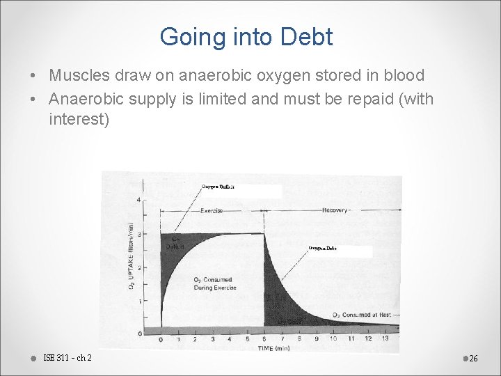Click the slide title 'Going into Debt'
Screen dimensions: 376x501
click(246, 37)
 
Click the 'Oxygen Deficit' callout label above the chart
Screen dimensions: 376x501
click(218, 187)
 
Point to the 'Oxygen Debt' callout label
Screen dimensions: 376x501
click(322, 248)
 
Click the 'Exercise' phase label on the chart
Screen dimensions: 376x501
click(212, 210)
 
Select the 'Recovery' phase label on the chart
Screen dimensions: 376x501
click(335, 210)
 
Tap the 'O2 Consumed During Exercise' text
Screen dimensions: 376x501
click(214, 283)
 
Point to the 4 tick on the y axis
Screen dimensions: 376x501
click(138, 200)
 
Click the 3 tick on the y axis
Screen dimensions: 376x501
click(138, 234)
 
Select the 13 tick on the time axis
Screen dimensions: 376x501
click(385, 339)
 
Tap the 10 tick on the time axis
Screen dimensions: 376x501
click(333, 339)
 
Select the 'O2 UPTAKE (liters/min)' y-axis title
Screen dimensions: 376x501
click(131, 256)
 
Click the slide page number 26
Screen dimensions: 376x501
click(473, 358)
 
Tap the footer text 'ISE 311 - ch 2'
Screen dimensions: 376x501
click(67, 358)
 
